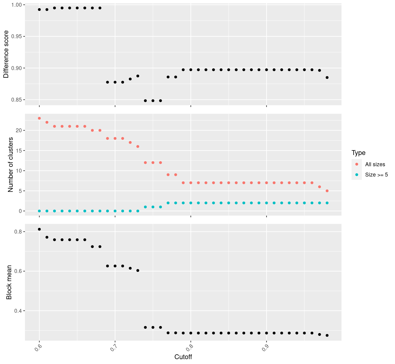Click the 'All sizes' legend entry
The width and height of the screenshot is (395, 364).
point(375,164)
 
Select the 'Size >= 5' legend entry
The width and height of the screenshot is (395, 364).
point(376,175)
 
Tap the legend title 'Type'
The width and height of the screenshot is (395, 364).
point(358,153)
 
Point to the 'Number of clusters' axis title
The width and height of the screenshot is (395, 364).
point(10,164)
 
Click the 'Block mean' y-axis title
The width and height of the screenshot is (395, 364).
point(9,282)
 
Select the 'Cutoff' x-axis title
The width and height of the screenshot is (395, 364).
point(183,357)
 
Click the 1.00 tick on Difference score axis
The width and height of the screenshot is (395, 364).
point(16,5)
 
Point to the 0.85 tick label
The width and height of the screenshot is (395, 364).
point(16,100)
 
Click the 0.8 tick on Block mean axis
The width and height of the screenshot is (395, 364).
point(18,232)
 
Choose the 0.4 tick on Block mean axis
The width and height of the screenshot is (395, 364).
point(18,311)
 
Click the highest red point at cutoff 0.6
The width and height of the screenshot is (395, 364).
point(39,118)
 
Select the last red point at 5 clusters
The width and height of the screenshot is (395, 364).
point(327,191)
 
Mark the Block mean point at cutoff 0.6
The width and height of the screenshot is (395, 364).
point(39,229)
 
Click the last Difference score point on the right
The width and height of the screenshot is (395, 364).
point(327,78)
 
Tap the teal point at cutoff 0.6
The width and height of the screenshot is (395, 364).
point(39,211)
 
